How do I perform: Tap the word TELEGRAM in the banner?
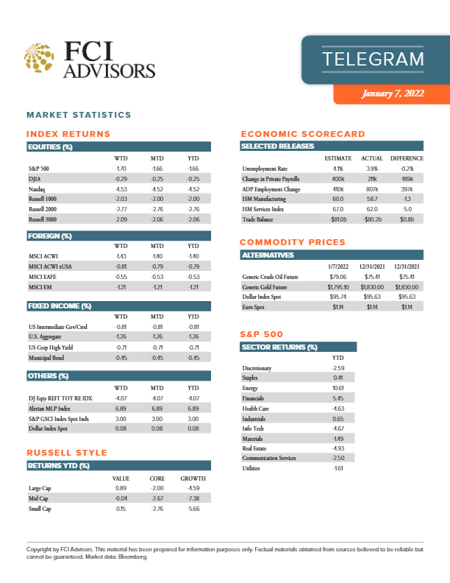(374, 59)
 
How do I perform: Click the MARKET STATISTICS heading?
(79, 115)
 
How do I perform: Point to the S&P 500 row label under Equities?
(39, 169)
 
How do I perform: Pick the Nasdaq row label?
(37, 188)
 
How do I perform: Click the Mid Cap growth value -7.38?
(193, 498)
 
